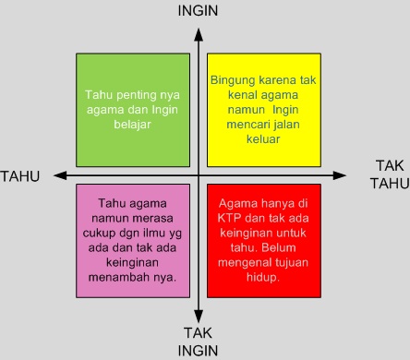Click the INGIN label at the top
[x=198, y=11]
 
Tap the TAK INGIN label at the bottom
[x=198, y=342]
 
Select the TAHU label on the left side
[x=20, y=176]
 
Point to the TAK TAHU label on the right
[x=390, y=174]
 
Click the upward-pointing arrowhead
[x=199, y=34]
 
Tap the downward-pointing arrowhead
[x=199, y=317]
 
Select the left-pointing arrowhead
[x=60, y=175]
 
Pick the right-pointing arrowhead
[x=340, y=175]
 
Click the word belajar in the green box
[x=132, y=125]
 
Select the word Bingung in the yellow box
[x=233, y=80]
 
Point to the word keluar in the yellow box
[x=263, y=139]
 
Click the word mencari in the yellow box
[x=246, y=125]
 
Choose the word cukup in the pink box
[x=99, y=234]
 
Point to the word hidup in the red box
[x=263, y=278]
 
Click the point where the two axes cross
[x=199, y=175]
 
